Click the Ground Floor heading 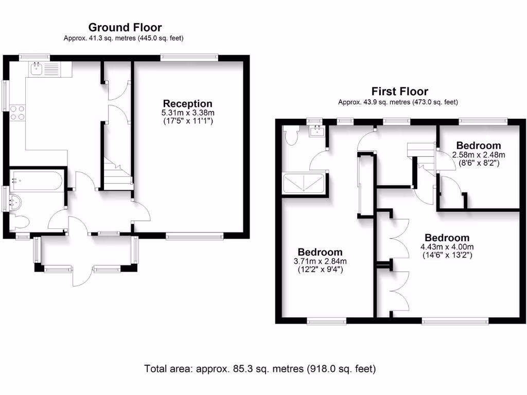125,27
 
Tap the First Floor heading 399,92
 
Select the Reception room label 187,103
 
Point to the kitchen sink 36,69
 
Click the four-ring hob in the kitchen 17,113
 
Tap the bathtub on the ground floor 37,181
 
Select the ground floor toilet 19,222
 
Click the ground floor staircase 117,174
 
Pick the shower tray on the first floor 304,183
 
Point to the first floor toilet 290,135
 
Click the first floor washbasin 317,131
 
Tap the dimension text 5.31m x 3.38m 188,113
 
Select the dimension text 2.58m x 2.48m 479,155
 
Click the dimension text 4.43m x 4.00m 447,247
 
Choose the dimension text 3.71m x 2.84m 320,261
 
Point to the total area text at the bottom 260,369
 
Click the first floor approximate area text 398,102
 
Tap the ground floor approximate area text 124,38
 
